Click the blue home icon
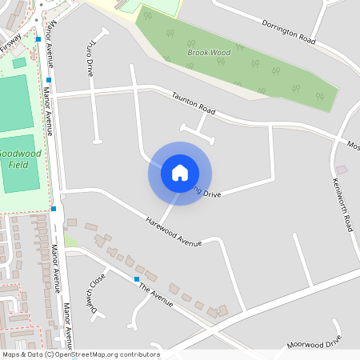click(180, 173)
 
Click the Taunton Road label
click(194, 104)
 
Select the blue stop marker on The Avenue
click(137, 278)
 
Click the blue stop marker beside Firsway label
click(38, 38)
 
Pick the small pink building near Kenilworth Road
click(342, 170)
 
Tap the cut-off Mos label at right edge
click(353, 146)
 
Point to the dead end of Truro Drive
click(98, 142)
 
